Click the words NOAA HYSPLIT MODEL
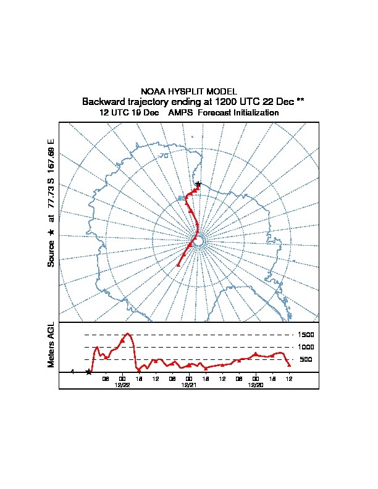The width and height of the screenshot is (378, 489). pyautogui.click(x=189, y=91)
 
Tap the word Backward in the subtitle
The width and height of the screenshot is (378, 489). pyautogui.click(x=103, y=101)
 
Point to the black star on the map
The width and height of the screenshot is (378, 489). pyautogui.click(x=198, y=184)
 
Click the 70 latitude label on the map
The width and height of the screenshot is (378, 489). pyautogui.click(x=164, y=156)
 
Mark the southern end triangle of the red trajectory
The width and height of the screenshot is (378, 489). pyautogui.click(x=178, y=265)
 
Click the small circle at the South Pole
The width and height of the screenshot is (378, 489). pyautogui.click(x=198, y=242)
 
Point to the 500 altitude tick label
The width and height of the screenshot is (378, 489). pyautogui.click(x=306, y=359)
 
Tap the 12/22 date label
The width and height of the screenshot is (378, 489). pyautogui.click(x=122, y=385)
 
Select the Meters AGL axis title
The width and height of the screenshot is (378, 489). pyautogui.click(x=51, y=345)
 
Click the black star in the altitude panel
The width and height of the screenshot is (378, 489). pyautogui.click(x=89, y=372)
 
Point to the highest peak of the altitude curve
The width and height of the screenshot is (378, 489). pyautogui.click(x=128, y=333)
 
